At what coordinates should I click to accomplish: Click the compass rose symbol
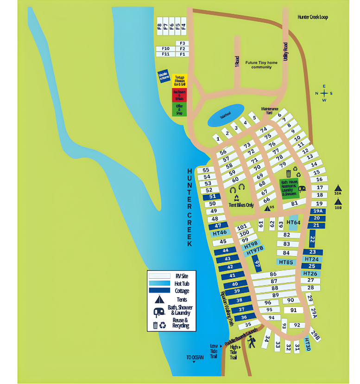[324, 93]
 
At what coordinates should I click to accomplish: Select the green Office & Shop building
[179, 109]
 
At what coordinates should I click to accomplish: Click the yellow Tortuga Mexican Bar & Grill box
[179, 81]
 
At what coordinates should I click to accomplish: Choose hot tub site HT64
[294, 223]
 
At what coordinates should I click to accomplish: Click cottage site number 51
[213, 197]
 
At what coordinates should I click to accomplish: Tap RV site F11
[165, 54]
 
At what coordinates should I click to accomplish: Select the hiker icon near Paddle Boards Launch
[252, 343]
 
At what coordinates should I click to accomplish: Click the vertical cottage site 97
[258, 264]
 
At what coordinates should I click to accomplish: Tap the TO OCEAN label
[195, 357]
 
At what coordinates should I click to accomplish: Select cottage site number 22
[312, 240]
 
